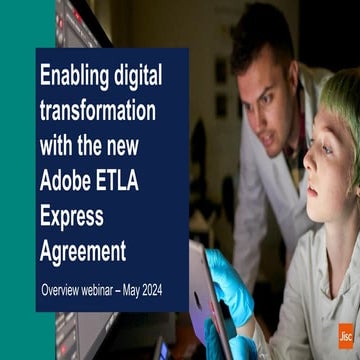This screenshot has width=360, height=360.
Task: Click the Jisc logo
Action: click(x=345, y=336)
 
